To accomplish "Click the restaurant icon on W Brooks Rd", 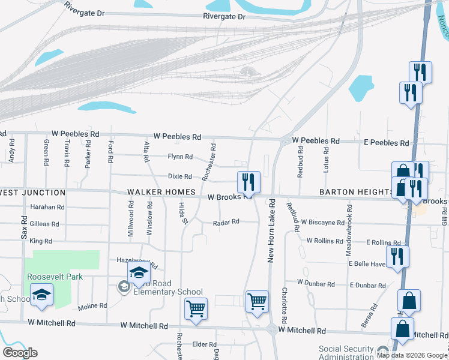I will [248, 182].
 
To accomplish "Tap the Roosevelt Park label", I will [55, 277].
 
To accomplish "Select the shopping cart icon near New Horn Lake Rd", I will [257, 301].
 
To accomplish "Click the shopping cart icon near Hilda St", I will [196, 308].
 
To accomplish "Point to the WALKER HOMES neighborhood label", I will [161, 192].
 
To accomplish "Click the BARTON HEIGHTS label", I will [357, 192].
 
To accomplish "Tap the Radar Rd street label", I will [226, 222].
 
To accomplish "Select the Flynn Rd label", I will [180, 157].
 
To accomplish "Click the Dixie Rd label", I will [179, 176].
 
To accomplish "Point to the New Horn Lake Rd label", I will [271, 230].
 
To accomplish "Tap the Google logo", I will [20, 352].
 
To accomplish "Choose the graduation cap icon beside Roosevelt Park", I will [41, 295].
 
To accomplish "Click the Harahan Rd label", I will [46, 207].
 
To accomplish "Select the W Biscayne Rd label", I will [323, 222].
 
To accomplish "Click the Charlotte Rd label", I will [285, 306].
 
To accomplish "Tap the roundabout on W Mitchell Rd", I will [272, 329].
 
